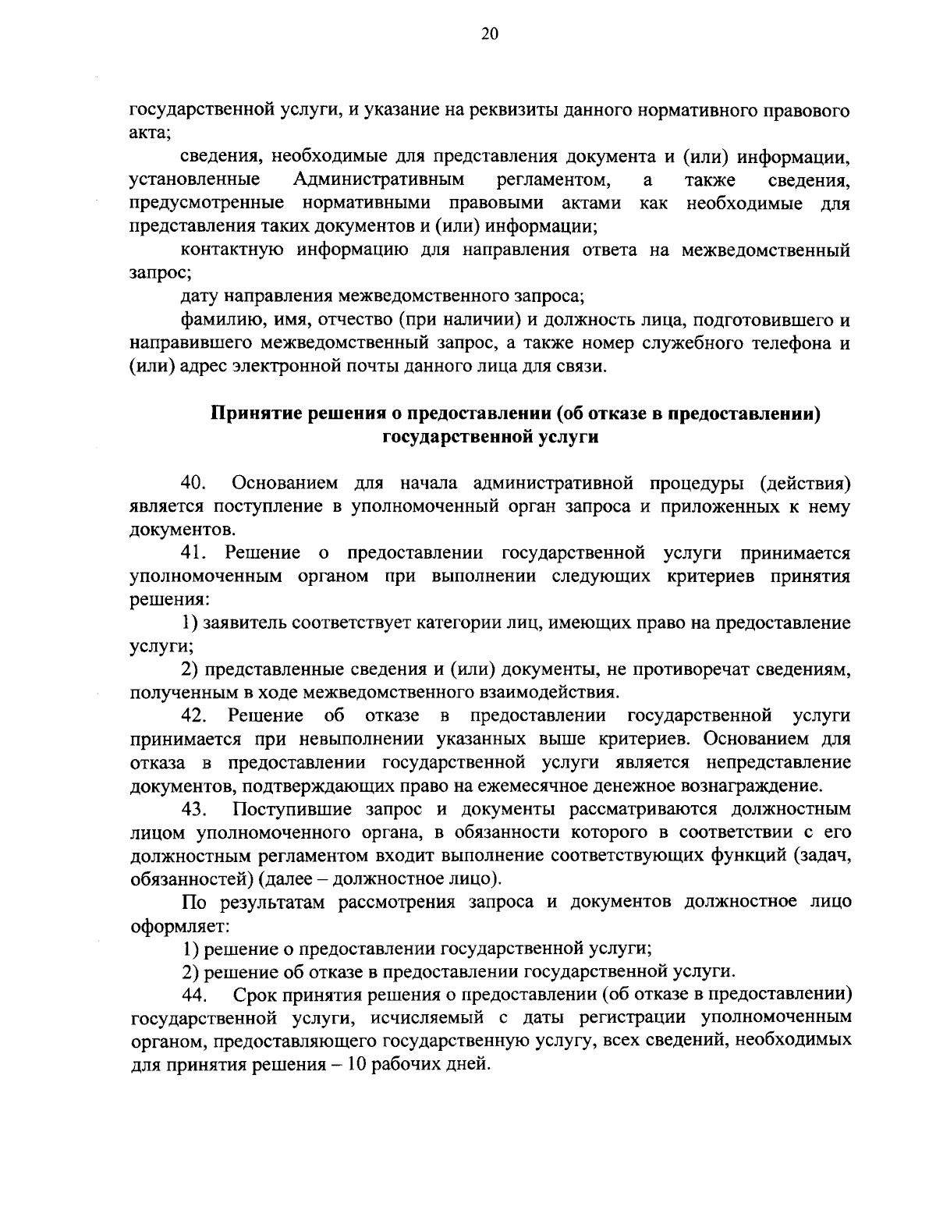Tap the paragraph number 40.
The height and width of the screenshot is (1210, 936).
pos(193,483)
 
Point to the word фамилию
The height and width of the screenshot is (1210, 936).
pos(215,319)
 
